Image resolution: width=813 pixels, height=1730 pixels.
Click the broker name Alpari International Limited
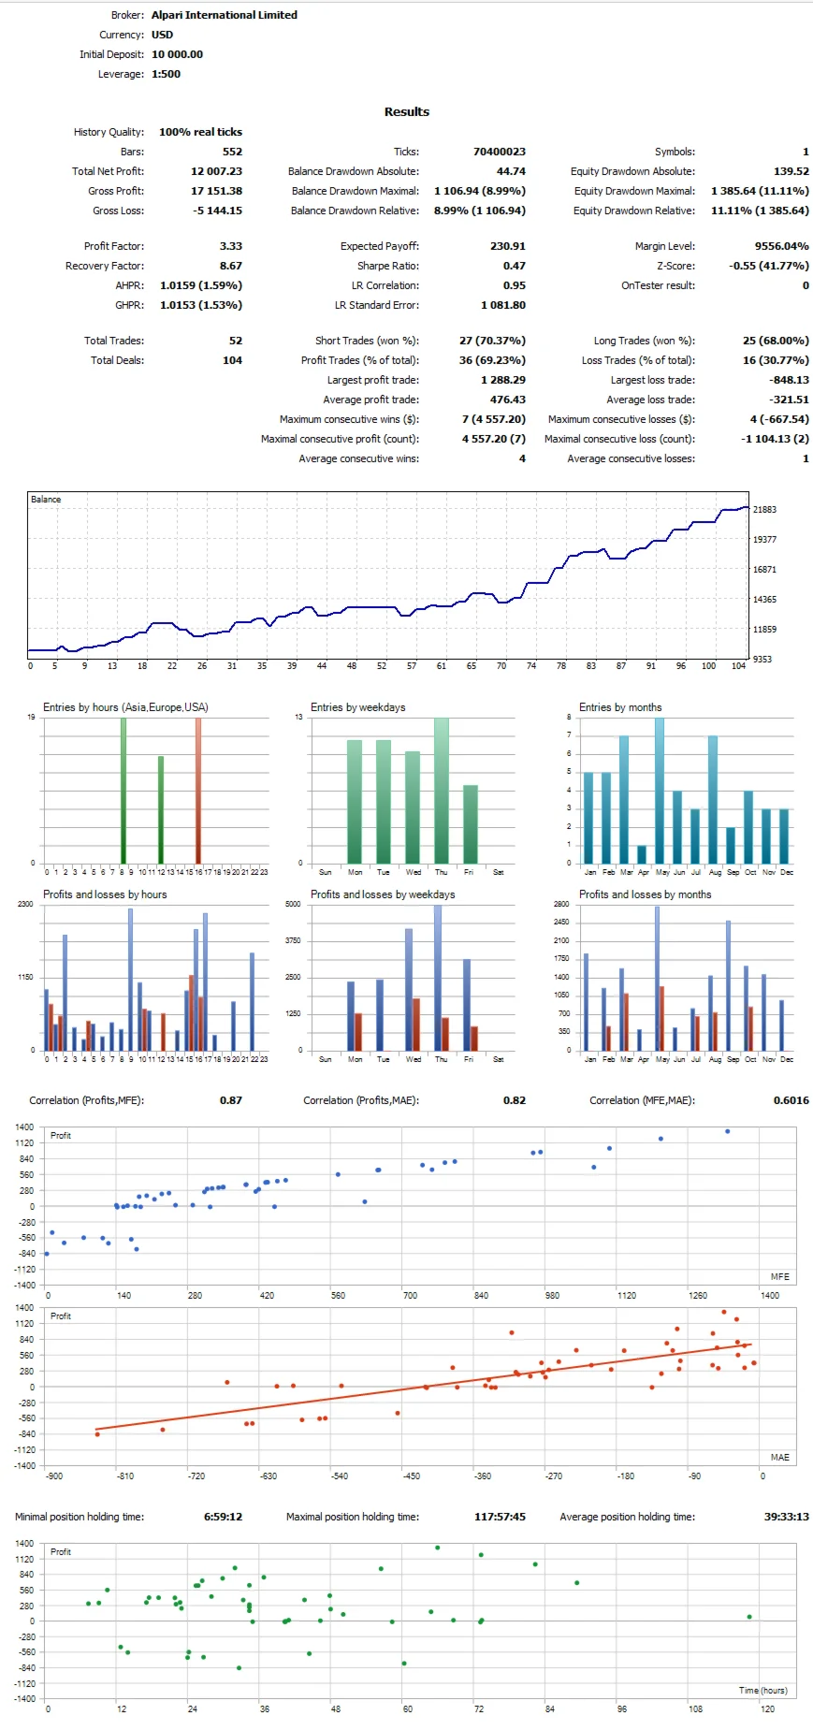click(224, 15)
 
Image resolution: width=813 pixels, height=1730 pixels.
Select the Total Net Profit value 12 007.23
click(216, 171)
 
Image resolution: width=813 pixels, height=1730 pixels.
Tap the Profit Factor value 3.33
click(230, 246)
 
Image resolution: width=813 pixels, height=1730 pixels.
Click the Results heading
click(406, 111)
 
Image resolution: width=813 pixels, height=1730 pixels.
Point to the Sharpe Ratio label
click(387, 266)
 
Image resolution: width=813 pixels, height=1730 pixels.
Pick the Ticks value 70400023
click(499, 152)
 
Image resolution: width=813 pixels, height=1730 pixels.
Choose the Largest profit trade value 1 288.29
click(502, 380)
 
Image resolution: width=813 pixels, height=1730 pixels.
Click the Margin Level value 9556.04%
click(781, 246)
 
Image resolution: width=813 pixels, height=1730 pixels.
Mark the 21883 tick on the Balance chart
click(764, 510)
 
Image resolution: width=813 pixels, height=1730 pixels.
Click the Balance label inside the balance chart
click(46, 500)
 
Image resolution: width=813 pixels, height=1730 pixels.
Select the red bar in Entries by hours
click(198, 791)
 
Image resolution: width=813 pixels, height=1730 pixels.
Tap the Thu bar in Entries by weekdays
click(441, 791)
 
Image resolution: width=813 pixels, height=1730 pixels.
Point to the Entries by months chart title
click(619, 707)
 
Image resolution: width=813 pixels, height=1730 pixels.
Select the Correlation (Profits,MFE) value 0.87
click(230, 1100)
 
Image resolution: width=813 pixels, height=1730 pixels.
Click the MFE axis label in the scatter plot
click(779, 1276)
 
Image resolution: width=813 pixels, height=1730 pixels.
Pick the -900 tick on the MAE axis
click(54, 1476)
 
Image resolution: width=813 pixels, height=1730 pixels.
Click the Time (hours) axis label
click(762, 1690)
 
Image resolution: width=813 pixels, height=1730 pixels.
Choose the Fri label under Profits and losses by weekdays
click(469, 1059)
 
